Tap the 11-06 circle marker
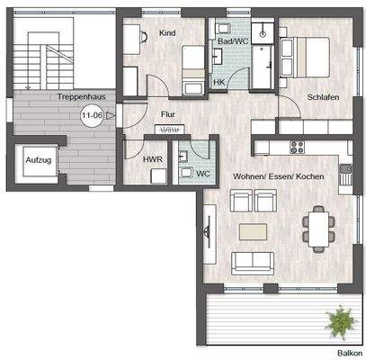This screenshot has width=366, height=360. click(x=91, y=115)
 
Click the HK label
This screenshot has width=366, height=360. click(x=219, y=83)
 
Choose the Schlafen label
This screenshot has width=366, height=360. click(x=322, y=97)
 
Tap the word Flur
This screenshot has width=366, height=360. click(x=167, y=114)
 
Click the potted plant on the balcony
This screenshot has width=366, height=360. click(x=339, y=319)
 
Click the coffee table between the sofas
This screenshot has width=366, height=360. click(x=254, y=233)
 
